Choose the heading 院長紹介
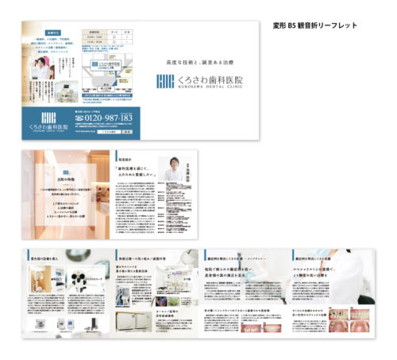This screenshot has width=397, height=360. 127,156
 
